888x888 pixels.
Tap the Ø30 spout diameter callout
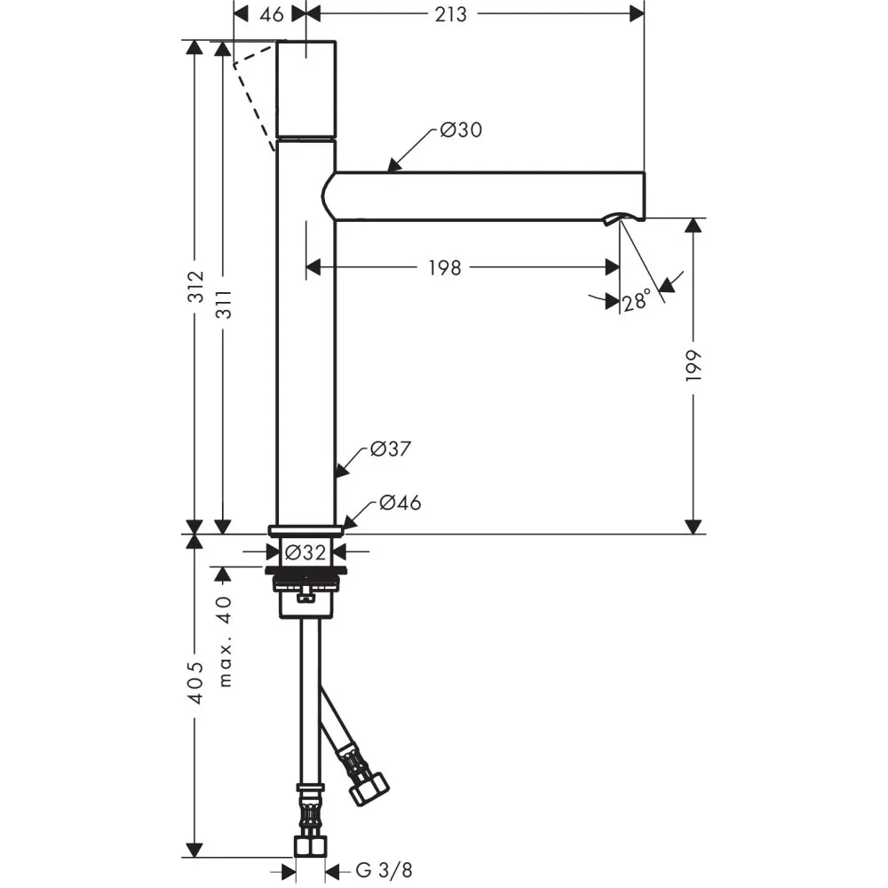click(460, 131)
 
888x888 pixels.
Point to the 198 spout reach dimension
click(444, 266)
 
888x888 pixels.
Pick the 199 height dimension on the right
click(694, 365)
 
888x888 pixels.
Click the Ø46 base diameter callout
click(400, 503)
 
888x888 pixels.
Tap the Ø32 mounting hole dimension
click(305, 551)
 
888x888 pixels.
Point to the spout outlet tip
click(624, 217)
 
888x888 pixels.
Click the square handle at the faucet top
click(306, 89)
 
